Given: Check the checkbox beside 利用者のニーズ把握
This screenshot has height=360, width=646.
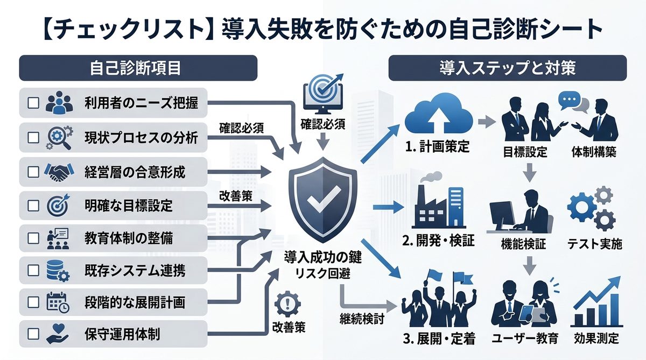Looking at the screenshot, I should click(33, 103).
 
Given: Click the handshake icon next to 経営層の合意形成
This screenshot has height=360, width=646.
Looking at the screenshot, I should click(59, 172).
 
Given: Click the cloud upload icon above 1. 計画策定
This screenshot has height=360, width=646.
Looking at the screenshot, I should click(438, 114).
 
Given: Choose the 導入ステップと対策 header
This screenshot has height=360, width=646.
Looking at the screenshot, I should click(508, 68).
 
